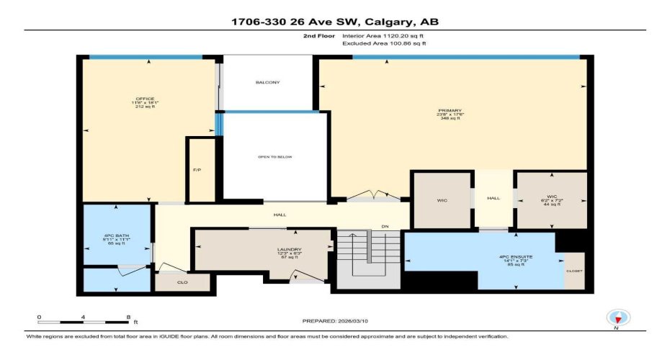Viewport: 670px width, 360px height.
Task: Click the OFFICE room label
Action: pos(145,99)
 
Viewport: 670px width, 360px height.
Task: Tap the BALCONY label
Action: pos(267,83)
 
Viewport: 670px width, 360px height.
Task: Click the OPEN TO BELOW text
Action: pos(275,157)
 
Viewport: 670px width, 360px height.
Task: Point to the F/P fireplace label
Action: pos(196,170)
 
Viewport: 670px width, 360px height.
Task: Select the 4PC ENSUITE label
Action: pos(514,257)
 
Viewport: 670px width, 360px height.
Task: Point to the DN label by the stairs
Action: pos(385,227)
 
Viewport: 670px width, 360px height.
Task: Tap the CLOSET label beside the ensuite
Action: pos(574,271)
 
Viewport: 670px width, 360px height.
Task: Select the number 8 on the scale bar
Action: pos(128,317)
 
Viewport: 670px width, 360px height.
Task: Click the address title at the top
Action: pos(334,22)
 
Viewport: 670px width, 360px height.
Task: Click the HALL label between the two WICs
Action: pos(493,199)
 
